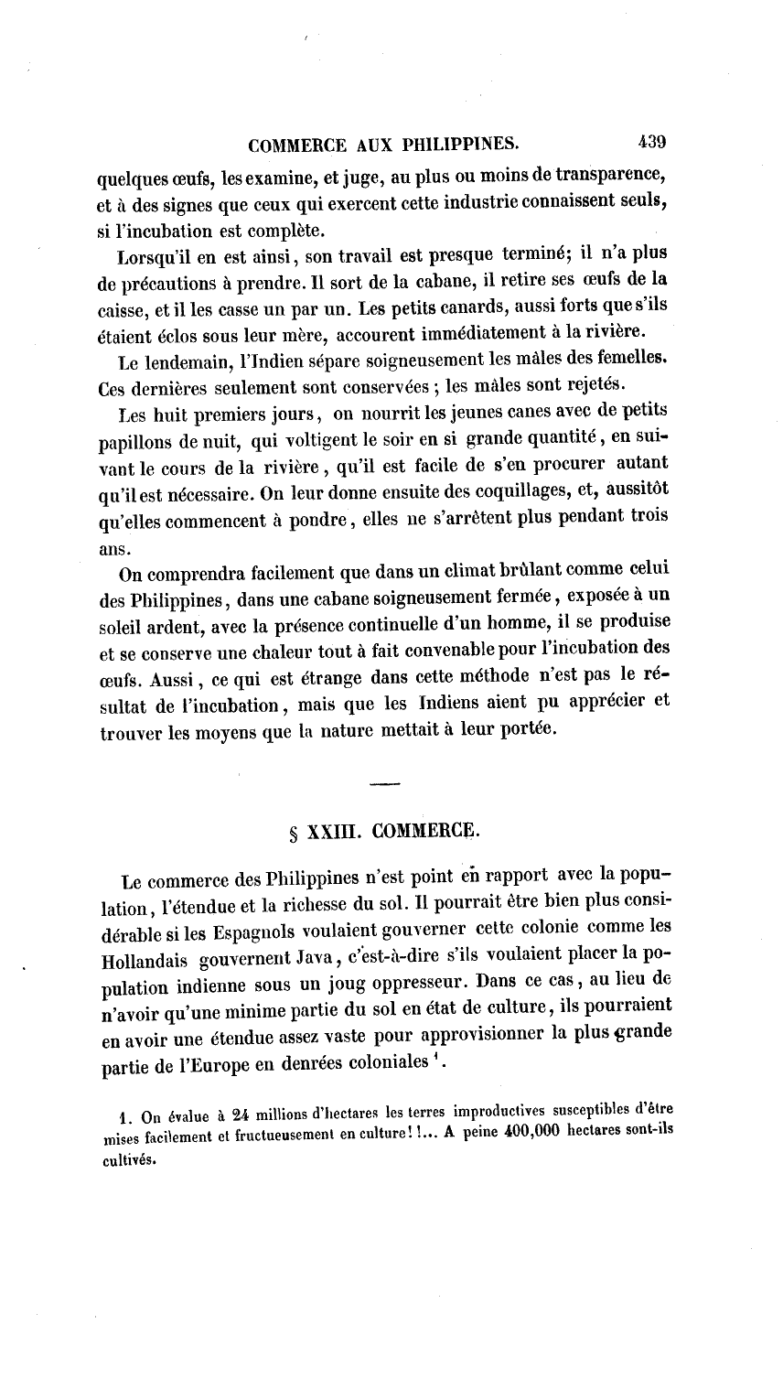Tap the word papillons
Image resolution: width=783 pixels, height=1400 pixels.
coord(134,440)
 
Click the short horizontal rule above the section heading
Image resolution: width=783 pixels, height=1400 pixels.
coord(386,784)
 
